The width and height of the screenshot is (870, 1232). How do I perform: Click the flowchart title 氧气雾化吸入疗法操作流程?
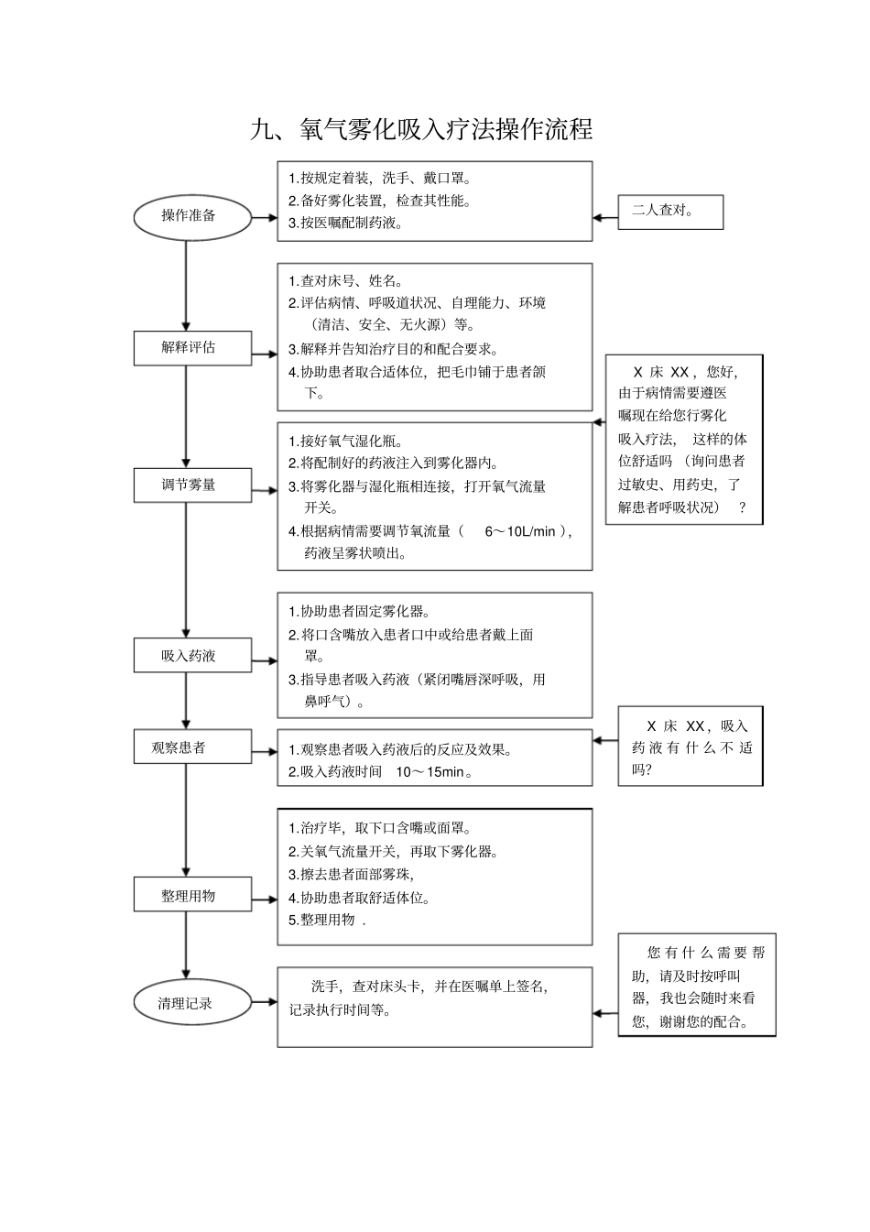(x=422, y=129)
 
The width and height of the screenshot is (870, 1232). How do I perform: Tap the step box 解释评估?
(x=189, y=348)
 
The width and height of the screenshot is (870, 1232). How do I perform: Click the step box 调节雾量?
(x=189, y=485)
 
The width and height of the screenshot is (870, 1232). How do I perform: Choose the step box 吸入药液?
(x=189, y=656)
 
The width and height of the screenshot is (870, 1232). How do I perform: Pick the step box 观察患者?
(x=179, y=747)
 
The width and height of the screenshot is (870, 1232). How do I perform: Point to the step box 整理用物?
(x=189, y=896)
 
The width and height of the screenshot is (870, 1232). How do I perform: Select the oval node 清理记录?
(x=186, y=1003)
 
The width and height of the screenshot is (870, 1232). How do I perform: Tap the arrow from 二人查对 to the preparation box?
(x=605, y=218)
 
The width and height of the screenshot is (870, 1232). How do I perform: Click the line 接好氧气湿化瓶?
(x=346, y=442)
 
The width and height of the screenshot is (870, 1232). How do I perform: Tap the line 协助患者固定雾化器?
(x=359, y=612)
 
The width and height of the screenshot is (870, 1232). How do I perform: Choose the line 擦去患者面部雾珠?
(x=351, y=875)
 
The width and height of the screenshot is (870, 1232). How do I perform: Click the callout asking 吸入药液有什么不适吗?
(x=691, y=747)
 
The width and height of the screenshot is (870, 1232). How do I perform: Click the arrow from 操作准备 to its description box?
(x=264, y=218)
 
